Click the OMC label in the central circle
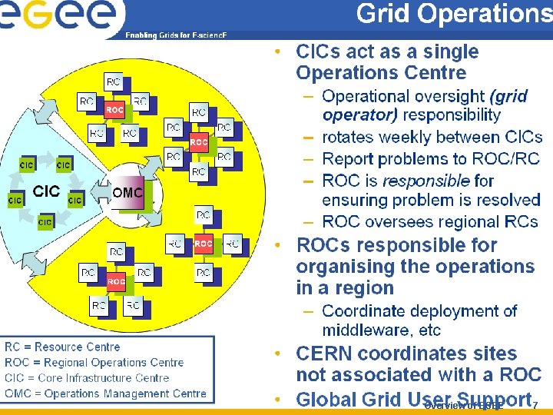[127, 192]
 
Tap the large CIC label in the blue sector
[46, 191]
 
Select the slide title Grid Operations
[454, 14]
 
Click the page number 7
[535, 405]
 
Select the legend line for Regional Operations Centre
[94, 363]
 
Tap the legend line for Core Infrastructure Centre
[87, 378]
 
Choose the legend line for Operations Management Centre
[106, 393]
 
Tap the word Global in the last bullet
[326, 399]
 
